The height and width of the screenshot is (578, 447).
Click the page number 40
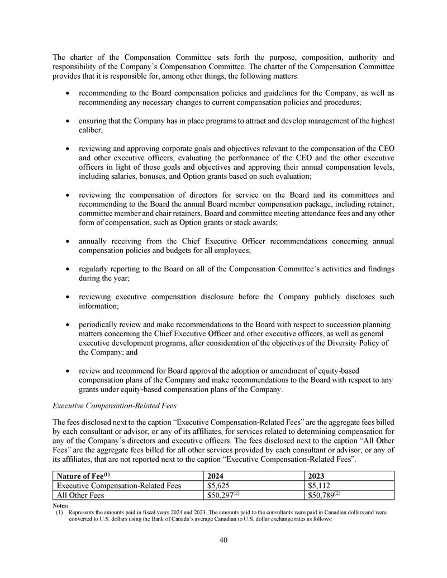point(223,540)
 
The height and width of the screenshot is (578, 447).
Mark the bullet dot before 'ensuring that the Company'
point(67,120)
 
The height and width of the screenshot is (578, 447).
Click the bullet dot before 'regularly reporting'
point(67,269)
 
